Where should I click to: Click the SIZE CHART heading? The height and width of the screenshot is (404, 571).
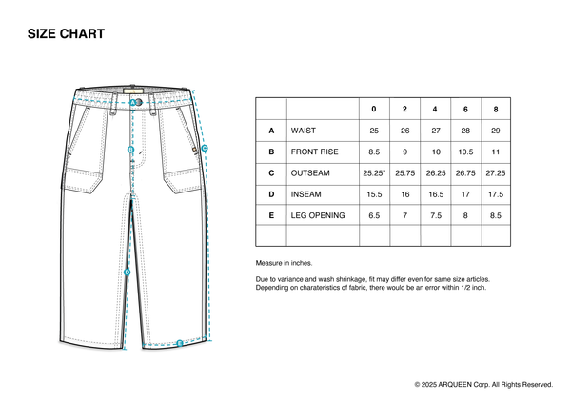[66, 34]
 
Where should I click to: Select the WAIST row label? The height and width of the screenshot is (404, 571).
[304, 130]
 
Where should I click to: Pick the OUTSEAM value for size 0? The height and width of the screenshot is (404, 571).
[374, 173]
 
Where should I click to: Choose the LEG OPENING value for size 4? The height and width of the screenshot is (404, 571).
[435, 216]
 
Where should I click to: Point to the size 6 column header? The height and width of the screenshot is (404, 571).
[465, 108]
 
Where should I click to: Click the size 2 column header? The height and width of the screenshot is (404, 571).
[404, 108]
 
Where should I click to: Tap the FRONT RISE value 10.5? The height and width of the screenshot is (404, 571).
[465, 151]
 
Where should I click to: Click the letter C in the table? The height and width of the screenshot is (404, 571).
[271, 173]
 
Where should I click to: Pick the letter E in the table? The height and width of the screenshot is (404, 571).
[271, 216]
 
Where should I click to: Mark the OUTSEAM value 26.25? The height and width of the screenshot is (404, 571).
[435, 173]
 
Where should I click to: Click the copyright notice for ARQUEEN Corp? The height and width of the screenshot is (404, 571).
[483, 384]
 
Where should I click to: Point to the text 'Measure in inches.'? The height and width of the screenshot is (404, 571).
[284, 263]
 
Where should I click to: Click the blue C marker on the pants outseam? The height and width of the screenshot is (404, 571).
[205, 148]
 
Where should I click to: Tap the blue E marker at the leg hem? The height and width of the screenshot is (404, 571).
[179, 342]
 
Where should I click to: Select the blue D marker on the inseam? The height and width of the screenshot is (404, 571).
[127, 272]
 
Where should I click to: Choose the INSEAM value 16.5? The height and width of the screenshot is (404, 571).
[435, 194]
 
